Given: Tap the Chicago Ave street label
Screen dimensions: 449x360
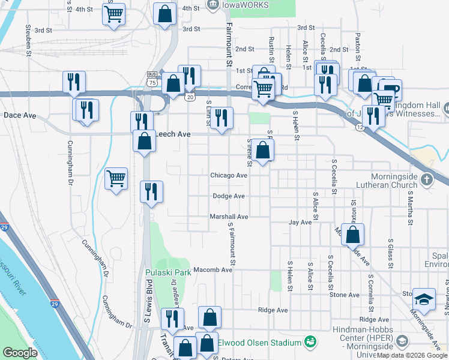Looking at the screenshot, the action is (228, 176).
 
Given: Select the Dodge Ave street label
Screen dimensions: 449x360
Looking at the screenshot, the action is (228, 196).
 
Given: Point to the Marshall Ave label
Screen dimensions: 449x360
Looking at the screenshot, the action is (228, 217).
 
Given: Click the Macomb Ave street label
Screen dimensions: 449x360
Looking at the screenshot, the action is (212, 270).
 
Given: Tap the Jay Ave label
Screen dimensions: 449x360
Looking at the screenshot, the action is (300, 222).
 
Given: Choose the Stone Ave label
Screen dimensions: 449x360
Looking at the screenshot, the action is (344, 295).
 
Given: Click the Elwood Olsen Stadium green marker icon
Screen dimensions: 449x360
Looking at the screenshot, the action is (310, 342).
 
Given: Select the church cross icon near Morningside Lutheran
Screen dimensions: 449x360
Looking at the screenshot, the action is (426, 179).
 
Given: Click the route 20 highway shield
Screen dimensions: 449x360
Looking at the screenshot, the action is (190, 97).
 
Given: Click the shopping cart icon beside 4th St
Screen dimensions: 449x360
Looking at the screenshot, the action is (113, 13).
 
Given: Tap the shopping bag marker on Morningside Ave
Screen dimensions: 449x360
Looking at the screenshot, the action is (354, 235).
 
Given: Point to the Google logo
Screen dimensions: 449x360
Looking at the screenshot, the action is (20, 353).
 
